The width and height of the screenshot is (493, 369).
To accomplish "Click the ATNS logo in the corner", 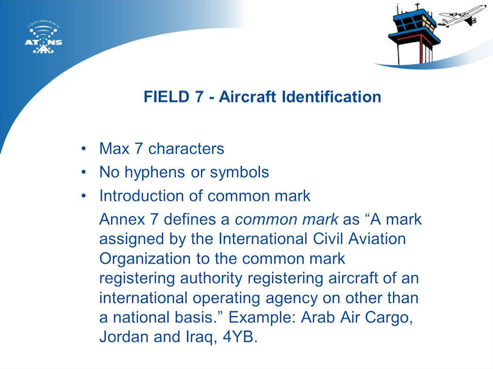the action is click(43, 38).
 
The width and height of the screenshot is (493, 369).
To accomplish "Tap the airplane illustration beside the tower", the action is click(462, 16).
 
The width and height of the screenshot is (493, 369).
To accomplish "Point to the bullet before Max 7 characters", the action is click(83, 148).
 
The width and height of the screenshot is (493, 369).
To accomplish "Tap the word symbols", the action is click(239, 172).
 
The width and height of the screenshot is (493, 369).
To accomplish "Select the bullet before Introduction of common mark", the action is click(83, 196).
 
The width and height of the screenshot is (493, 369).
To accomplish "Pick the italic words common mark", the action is click(287, 219).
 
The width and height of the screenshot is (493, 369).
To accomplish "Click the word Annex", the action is click(122, 219).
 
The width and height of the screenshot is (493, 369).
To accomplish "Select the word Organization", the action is click(145, 259).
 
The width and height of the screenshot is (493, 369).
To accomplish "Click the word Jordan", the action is click(124, 337).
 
